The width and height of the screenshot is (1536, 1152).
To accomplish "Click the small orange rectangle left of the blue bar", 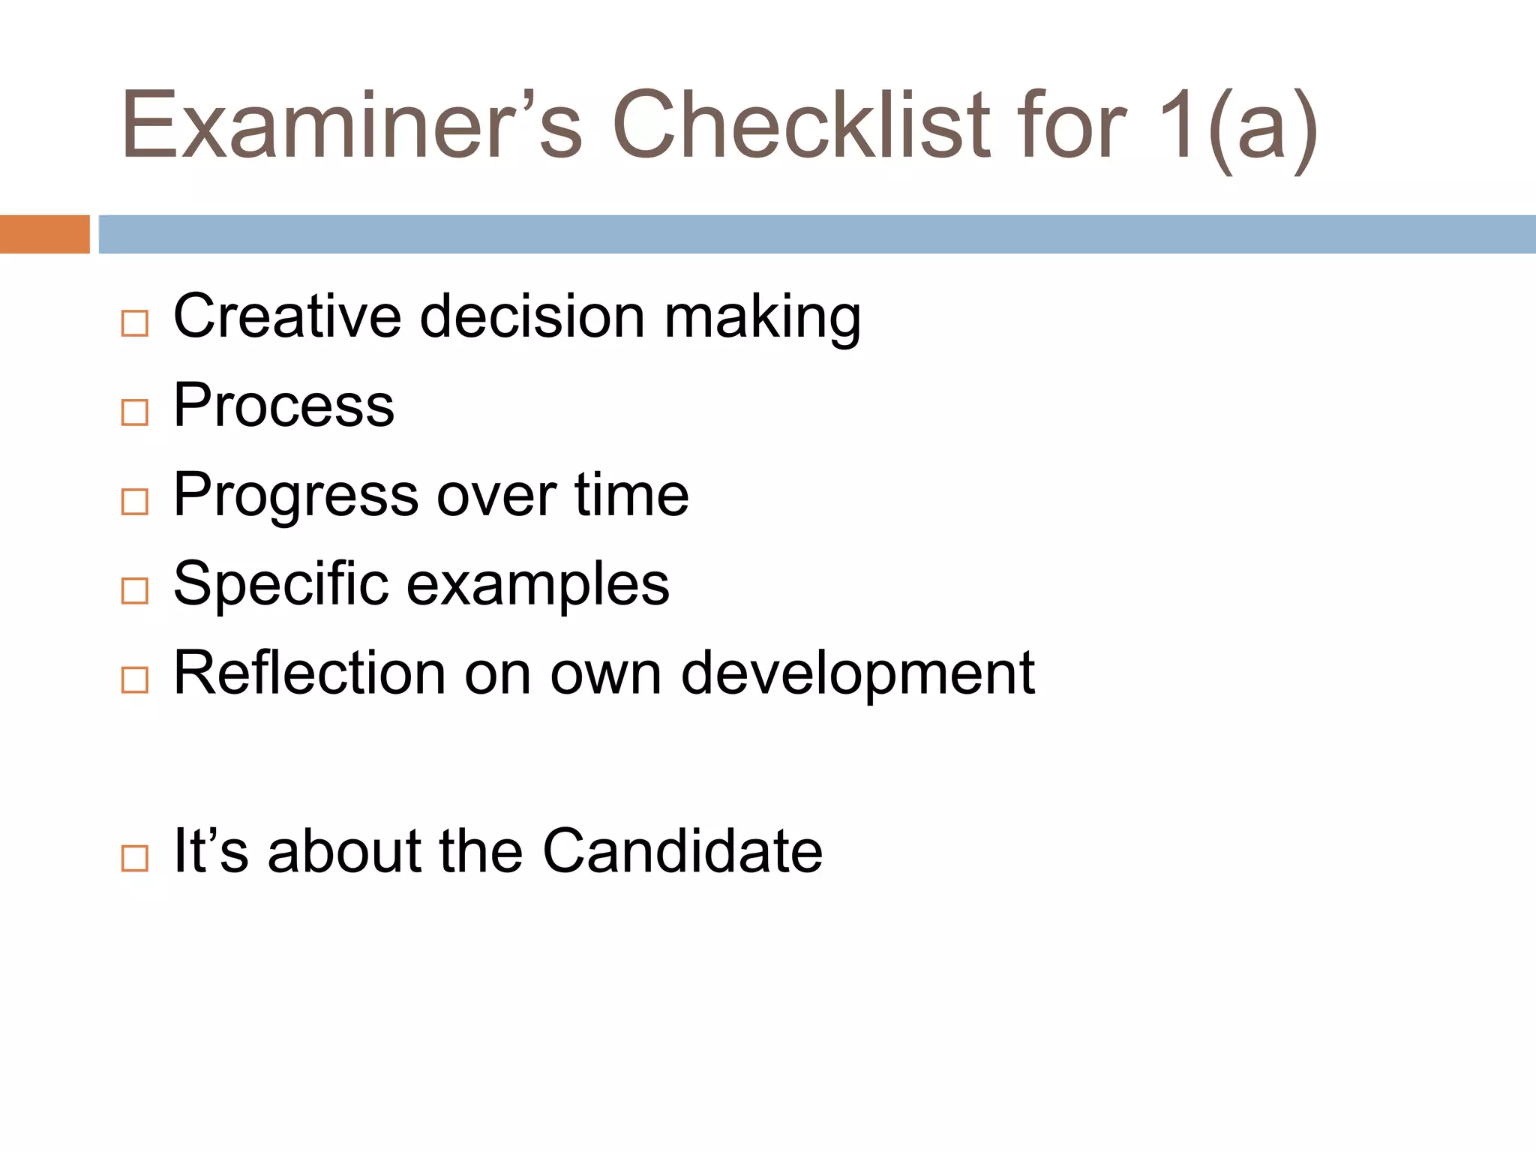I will (x=44, y=234).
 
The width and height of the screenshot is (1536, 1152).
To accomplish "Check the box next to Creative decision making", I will (x=135, y=323).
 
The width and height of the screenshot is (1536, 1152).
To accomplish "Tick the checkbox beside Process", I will (x=135, y=412).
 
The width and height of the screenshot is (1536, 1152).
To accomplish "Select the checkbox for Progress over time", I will (x=135, y=502).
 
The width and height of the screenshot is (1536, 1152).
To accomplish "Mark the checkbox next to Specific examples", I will (x=135, y=591).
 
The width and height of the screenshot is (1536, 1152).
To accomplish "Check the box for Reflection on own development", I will (x=135, y=679).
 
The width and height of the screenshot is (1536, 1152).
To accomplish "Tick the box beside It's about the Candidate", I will (x=135, y=858).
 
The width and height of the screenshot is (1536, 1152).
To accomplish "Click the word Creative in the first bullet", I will (x=287, y=316).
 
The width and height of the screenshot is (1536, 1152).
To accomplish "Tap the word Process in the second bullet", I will (x=283, y=406).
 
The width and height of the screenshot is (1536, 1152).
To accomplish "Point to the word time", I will (x=631, y=495).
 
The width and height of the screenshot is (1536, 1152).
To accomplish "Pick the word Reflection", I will (x=309, y=673).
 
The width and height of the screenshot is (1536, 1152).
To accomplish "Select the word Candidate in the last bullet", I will (x=682, y=851).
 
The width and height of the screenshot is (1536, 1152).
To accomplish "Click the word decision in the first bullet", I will (x=532, y=316).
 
